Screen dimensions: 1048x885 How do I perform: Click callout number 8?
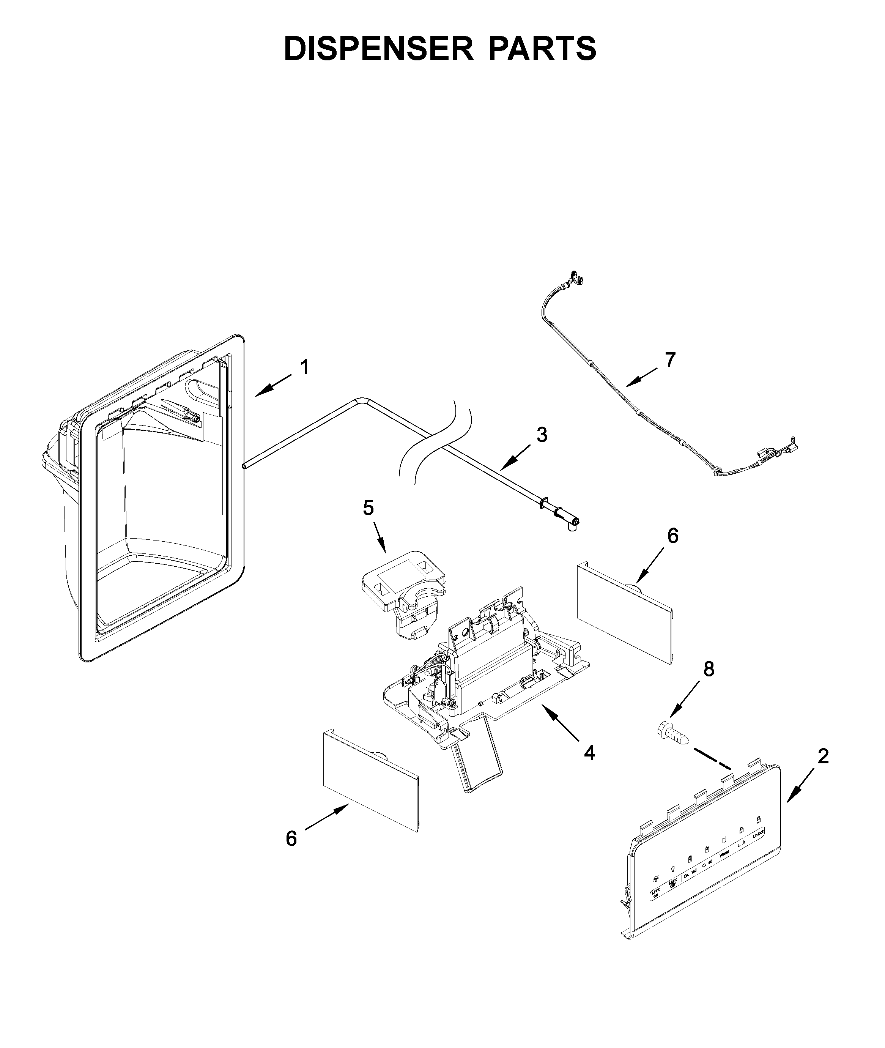tap(709, 669)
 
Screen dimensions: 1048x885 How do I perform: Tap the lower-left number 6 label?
tap(291, 839)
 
